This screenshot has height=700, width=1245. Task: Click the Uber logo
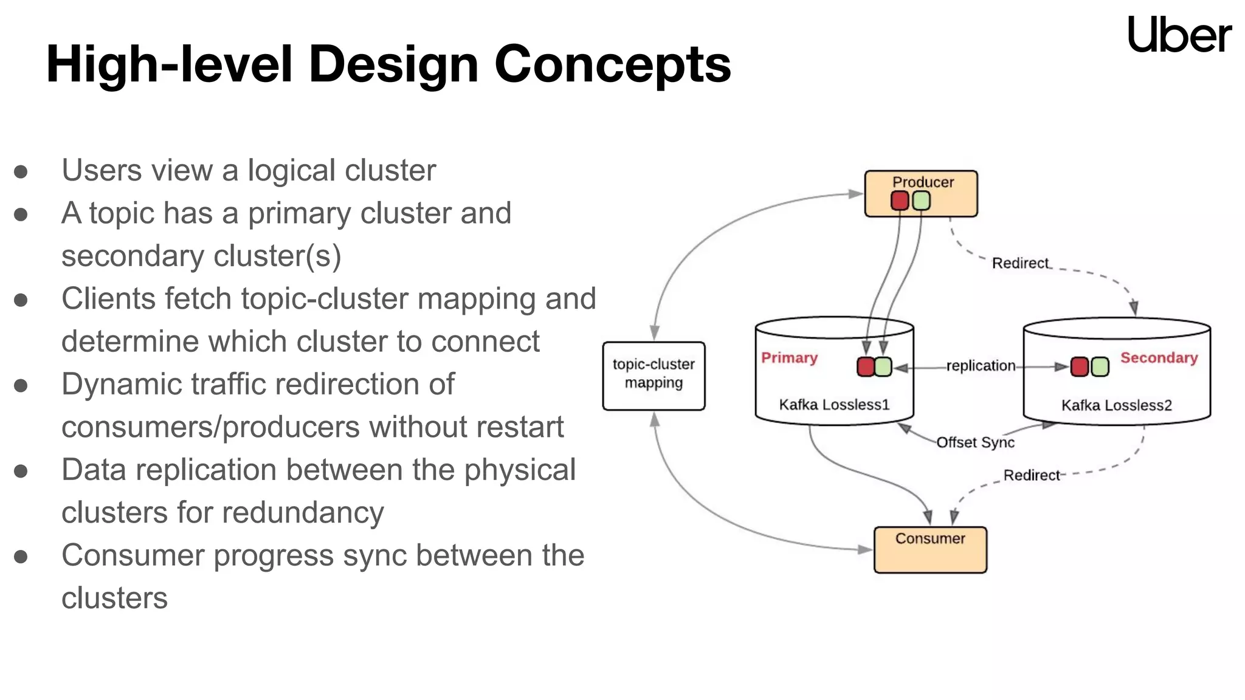(1179, 35)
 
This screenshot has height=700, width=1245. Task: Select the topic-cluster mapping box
(654, 376)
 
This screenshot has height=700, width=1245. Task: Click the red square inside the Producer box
(900, 201)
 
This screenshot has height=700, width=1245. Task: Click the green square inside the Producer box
(922, 201)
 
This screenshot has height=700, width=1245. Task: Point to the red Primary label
(789, 357)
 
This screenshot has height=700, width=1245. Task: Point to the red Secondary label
(1159, 357)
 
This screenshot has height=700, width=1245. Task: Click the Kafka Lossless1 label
(834, 405)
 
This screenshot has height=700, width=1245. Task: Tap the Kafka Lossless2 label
(1116, 405)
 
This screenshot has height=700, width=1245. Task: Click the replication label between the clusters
(981, 366)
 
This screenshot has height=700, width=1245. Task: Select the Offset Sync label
(975, 442)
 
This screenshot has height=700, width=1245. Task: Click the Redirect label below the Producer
(1020, 263)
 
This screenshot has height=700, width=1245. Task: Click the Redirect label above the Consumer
(1031, 475)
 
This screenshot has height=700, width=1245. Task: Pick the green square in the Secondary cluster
(1100, 367)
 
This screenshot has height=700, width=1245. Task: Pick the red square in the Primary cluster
(866, 366)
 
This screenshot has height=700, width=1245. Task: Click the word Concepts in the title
(613, 64)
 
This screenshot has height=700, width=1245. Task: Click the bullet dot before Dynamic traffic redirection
(21, 385)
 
